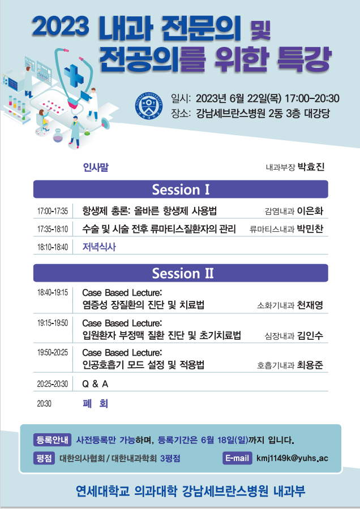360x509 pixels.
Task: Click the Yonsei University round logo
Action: [x=149, y=106]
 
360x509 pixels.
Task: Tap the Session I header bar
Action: [x=181, y=189]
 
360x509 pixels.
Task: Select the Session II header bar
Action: [x=181, y=273]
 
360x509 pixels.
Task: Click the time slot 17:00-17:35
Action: [x=52, y=212]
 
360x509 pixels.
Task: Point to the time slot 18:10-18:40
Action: [x=52, y=247]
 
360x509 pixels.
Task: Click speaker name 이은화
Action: [x=310, y=212]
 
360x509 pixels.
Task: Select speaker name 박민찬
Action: [x=310, y=229]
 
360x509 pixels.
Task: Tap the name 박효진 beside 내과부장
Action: [x=311, y=167]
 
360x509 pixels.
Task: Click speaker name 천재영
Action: [x=310, y=305]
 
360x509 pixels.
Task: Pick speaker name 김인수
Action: [x=310, y=335]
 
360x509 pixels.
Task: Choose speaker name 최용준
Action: [x=310, y=365]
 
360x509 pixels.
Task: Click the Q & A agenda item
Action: [x=95, y=384]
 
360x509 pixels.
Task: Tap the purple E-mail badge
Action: [x=237, y=458]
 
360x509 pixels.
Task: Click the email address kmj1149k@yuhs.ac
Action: [x=292, y=458]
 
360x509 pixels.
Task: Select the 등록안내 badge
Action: [x=52, y=440]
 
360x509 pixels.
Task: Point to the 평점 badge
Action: [x=44, y=458]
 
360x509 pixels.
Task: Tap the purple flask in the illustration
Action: [x=58, y=136]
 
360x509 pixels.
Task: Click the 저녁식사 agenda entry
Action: [x=99, y=247]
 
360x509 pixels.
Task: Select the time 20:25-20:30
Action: [x=52, y=384]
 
